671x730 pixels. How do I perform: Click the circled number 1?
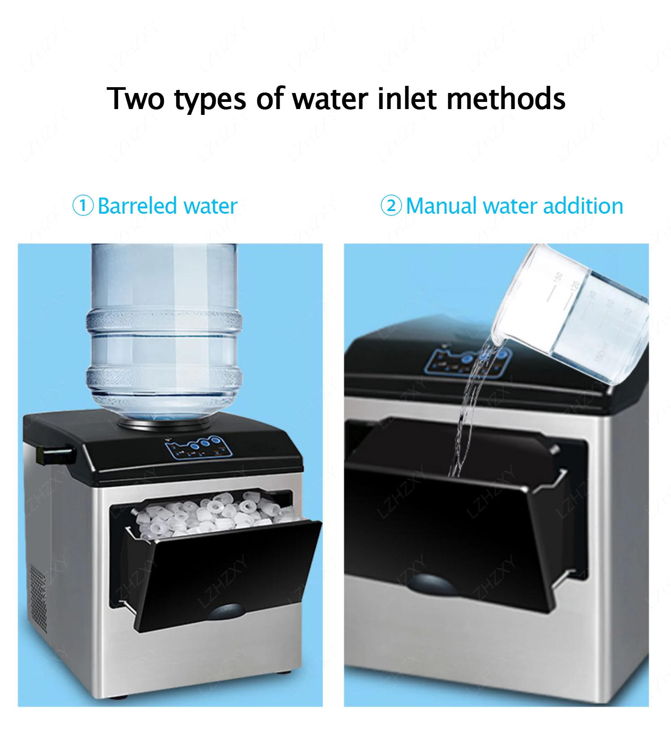83,206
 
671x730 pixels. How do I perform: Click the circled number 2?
391,206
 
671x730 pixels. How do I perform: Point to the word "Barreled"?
137,206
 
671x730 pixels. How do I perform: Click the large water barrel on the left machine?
164,331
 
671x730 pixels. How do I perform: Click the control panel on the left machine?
200,447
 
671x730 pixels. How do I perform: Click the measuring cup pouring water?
577,313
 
